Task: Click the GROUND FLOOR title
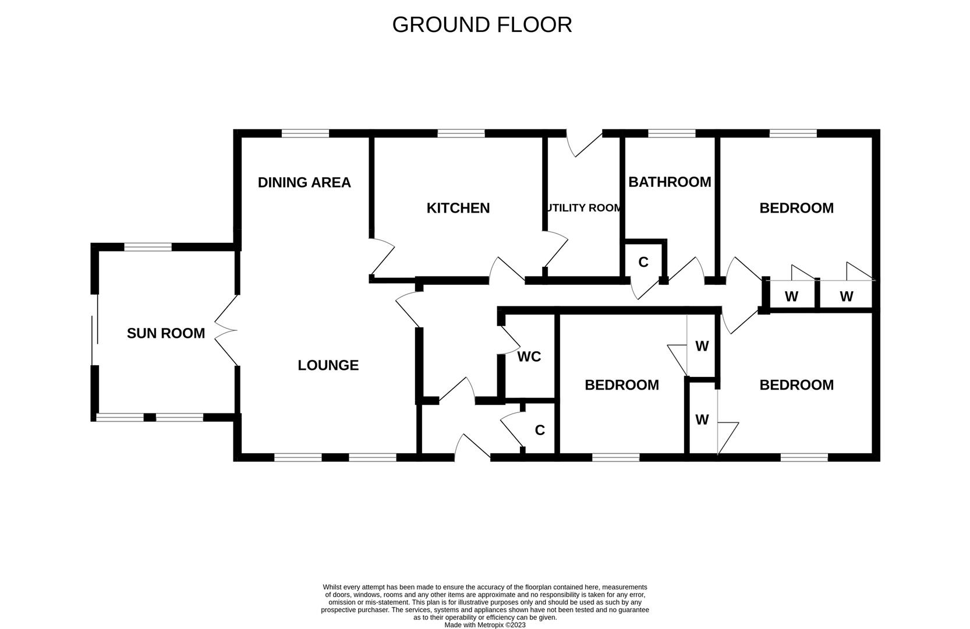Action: [482, 24]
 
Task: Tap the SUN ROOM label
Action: [166, 333]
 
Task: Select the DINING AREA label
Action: [305, 182]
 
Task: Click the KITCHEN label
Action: [458, 208]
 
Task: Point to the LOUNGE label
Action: [328, 365]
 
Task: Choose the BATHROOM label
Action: [670, 182]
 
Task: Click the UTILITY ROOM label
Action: [584, 208]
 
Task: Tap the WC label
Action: [529, 356]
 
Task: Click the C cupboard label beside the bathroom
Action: [643, 262]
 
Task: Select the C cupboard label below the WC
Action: [540, 430]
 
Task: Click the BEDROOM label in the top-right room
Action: [796, 208]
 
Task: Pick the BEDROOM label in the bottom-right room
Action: [796, 384]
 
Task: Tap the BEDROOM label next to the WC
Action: [622, 384]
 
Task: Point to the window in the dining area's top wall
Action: [305, 133]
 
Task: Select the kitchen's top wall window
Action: [461, 133]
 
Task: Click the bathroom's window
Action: [672, 133]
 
